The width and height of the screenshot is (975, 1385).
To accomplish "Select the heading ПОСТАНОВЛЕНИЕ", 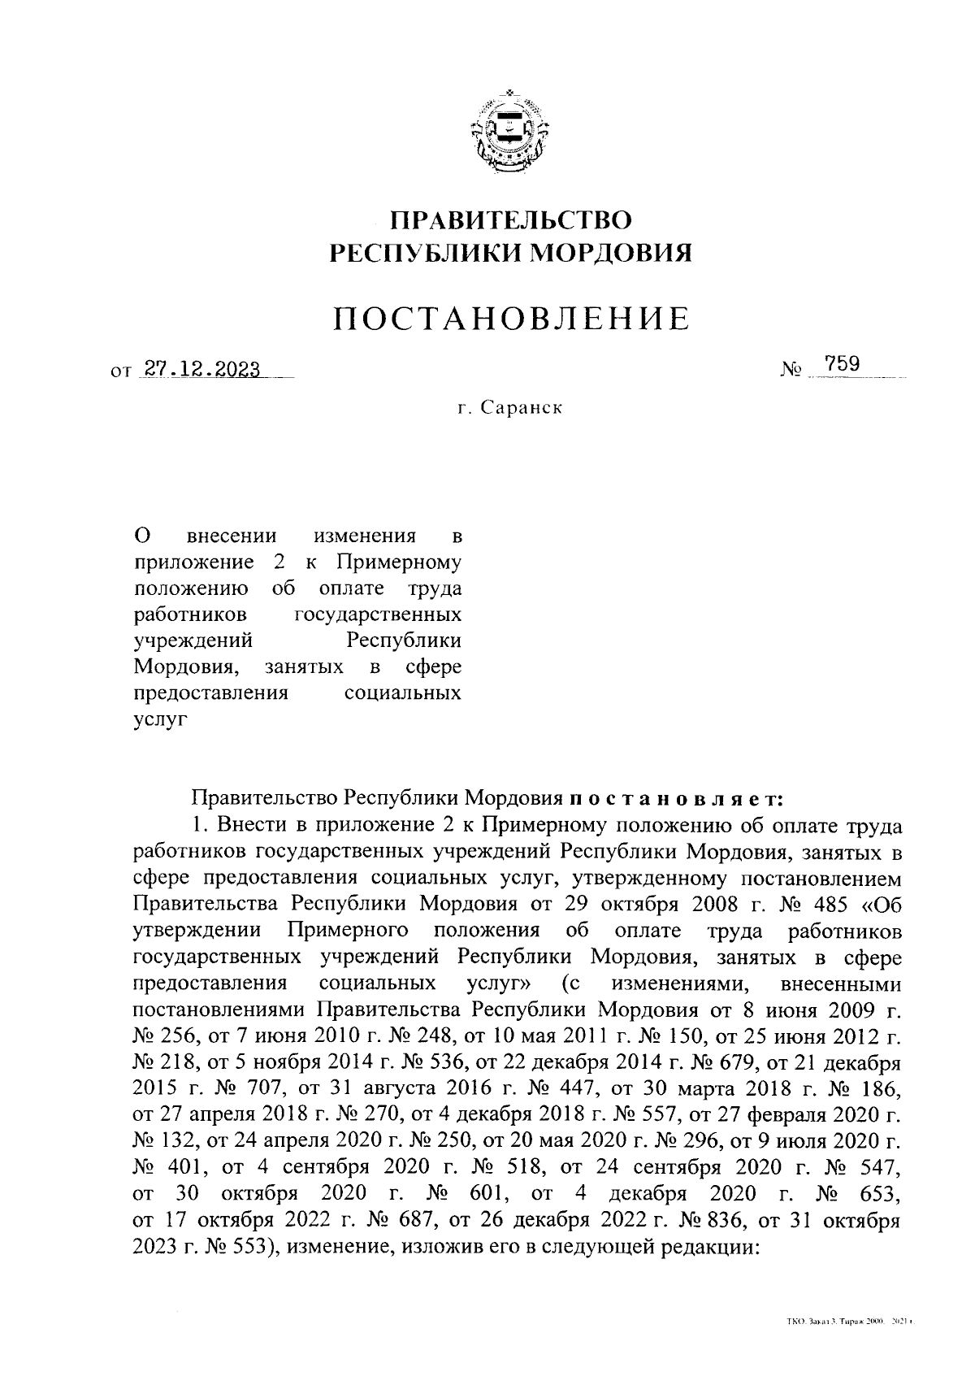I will coord(513,319).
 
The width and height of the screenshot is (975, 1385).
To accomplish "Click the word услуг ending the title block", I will coord(159,719).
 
